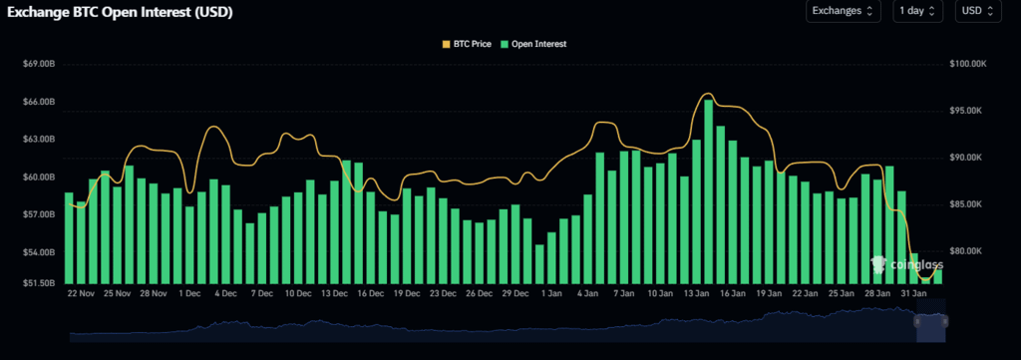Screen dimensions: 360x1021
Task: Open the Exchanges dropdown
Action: [x=843, y=12]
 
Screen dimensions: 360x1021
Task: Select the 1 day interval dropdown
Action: [x=917, y=12]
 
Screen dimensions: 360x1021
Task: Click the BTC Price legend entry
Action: [x=470, y=44]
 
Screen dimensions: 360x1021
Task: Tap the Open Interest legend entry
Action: [x=538, y=44]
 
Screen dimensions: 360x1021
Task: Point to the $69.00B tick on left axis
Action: [x=38, y=65]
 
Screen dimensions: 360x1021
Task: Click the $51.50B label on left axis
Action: [x=38, y=283]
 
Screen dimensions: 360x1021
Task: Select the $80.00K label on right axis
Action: [x=968, y=251]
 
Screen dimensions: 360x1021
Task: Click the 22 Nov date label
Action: [x=80, y=294]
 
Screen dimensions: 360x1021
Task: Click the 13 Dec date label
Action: [x=333, y=294]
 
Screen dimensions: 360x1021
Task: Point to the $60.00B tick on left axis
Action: [x=38, y=178]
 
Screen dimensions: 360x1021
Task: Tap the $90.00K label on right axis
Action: [x=968, y=158]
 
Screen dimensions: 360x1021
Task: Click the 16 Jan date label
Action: [x=732, y=294]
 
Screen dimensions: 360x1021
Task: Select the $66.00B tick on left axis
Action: [x=38, y=103]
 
